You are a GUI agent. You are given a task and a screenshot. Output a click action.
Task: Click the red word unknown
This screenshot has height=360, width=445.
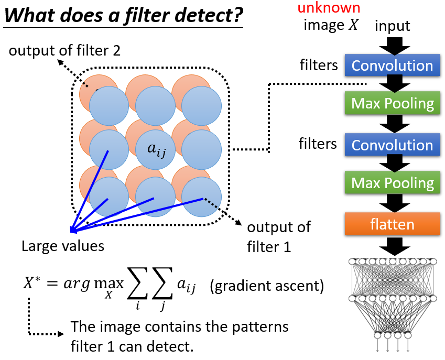(x=329, y=7)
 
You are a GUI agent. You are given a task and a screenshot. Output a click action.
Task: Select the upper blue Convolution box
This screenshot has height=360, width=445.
(x=392, y=66)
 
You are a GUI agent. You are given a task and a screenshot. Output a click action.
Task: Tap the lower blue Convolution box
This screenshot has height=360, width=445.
(x=392, y=145)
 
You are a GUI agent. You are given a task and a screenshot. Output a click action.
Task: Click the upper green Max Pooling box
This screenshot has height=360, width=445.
(x=392, y=103)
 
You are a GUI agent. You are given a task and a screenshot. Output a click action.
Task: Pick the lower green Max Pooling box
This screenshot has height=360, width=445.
(x=392, y=183)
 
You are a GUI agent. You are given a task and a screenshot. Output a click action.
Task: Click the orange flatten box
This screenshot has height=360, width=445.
(x=392, y=224)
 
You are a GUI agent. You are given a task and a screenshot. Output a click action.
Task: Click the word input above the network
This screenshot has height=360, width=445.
(x=392, y=26)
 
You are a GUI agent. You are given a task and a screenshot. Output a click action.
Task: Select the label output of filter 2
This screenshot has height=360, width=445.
(x=64, y=51)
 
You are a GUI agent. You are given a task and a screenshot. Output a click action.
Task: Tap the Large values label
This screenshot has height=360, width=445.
(x=62, y=246)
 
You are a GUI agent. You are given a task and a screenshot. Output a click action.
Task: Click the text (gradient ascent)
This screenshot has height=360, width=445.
(x=267, y=287)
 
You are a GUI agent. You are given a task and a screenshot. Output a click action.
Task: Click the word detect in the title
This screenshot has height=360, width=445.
(x=209, y=16)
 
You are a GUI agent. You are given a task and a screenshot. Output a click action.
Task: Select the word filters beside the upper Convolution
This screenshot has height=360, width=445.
(x=318, y=66)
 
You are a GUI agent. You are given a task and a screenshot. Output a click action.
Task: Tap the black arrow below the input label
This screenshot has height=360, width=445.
(x=392, y=46)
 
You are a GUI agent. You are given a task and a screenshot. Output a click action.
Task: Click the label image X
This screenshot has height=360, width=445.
(x=331, y=25)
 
